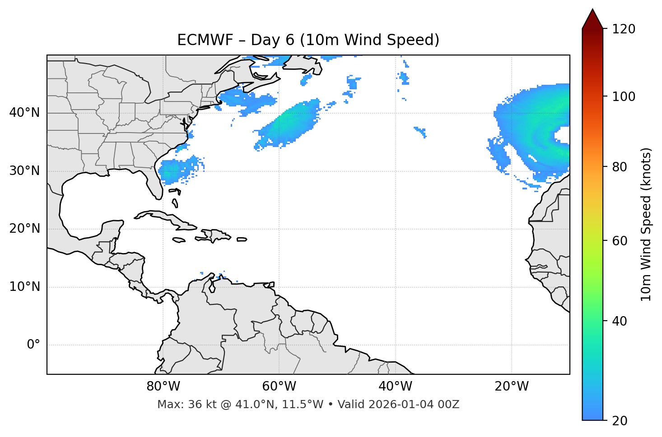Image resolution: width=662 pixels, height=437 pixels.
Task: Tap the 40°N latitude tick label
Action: coord(24,113)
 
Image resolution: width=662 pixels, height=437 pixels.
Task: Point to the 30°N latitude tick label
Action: coord(24,171)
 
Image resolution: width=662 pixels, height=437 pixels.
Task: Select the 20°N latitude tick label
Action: coord(24,229)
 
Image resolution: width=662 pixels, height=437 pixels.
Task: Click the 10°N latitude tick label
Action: coord(24,287)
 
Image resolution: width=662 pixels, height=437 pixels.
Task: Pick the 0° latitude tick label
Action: coord(33,345)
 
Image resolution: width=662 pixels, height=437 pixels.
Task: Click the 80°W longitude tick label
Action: coord(163,386)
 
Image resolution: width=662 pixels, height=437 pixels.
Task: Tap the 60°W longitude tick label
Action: coord(279,386)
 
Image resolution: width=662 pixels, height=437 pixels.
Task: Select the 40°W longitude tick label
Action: coord(395,386)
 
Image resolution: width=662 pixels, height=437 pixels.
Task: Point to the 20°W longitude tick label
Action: coord(511,386)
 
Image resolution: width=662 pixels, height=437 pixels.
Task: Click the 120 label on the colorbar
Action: coord(624,29)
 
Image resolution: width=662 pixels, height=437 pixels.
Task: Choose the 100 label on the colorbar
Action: coord(624,97)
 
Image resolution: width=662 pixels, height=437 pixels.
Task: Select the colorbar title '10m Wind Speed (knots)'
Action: coord(646,225)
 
